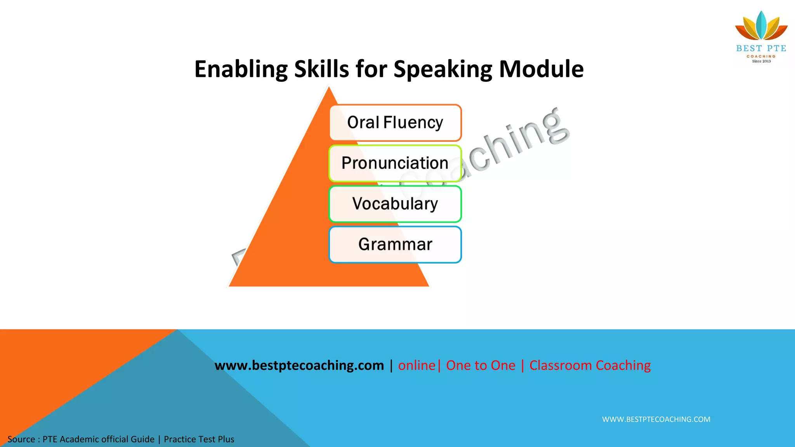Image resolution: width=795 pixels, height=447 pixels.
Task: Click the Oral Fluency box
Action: click(395, 123)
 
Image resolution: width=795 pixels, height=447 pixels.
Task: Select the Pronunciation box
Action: click(395, 163)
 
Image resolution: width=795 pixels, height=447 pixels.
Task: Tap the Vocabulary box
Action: click(395, 204)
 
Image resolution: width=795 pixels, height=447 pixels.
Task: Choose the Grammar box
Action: click(395, 244)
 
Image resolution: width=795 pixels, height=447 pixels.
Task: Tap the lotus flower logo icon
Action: click(761, 26)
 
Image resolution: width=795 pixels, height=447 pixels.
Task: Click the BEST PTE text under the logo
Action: click(761, 49)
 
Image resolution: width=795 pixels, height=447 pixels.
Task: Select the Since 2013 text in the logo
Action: click(761, 61)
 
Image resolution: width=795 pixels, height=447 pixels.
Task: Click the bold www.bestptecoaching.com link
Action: click(299, 366)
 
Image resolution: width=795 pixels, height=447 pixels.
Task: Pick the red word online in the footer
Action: click(417, 366)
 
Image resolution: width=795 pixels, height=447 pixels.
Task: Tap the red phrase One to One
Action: click(481, 366)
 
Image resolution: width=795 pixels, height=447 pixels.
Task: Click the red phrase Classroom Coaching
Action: click(590, 366)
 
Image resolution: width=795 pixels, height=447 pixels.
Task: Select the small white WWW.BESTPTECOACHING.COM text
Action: click(656, 419)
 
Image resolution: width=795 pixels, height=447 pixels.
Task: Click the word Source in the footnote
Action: click(21, 439)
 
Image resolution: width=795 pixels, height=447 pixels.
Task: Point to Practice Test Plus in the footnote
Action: click(199, 439)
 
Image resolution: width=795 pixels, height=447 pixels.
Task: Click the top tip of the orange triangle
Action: click(329, 89)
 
